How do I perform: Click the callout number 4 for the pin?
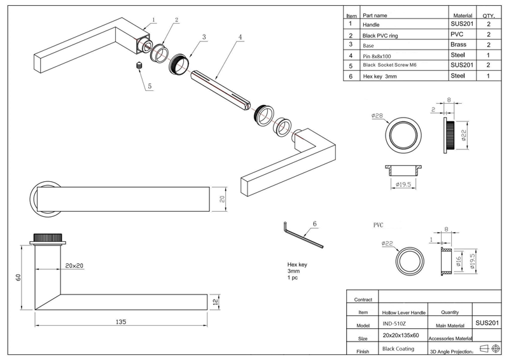coord(241,37)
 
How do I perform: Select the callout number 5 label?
coord(150,86)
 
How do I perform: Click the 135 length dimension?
coord(121,322)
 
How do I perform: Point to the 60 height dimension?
coord(18,277)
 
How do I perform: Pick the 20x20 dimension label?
coord(74,265)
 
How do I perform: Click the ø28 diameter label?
coord(377,115)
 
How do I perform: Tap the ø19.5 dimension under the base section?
coord(403,184)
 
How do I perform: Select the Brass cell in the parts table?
coord(458,45)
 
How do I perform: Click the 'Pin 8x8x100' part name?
coord(377,56)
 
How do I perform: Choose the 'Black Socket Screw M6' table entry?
coord(389,65)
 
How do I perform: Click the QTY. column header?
coord(489,15)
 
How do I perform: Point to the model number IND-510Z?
coord(394,324)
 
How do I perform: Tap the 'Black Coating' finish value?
coord(398,349)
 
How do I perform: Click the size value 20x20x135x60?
coord(401,335)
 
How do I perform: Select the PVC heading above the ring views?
coord(378,225)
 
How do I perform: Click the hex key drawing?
coord(303,235)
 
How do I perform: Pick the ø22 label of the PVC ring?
coord(387,243)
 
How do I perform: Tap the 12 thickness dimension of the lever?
coord(215,302)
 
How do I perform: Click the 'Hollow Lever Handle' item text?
coord(404,312)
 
